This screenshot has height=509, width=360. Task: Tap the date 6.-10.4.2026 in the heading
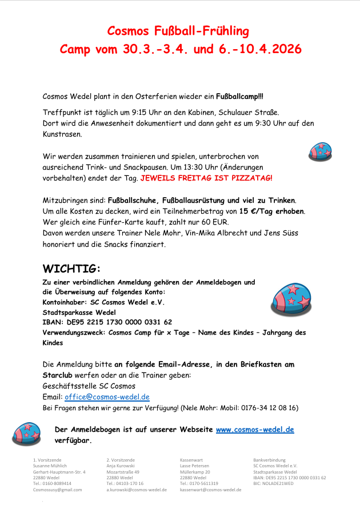point(260,49)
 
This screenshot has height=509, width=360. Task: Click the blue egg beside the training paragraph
point(321,151)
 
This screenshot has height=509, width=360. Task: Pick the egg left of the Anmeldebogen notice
point(27,434)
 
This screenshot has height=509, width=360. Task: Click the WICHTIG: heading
point(71,268)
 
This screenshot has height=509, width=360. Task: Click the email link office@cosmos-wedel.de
point(107,397)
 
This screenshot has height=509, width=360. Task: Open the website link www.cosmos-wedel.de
point(255,430)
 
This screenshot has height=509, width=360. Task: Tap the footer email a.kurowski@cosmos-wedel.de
point(137,490)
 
